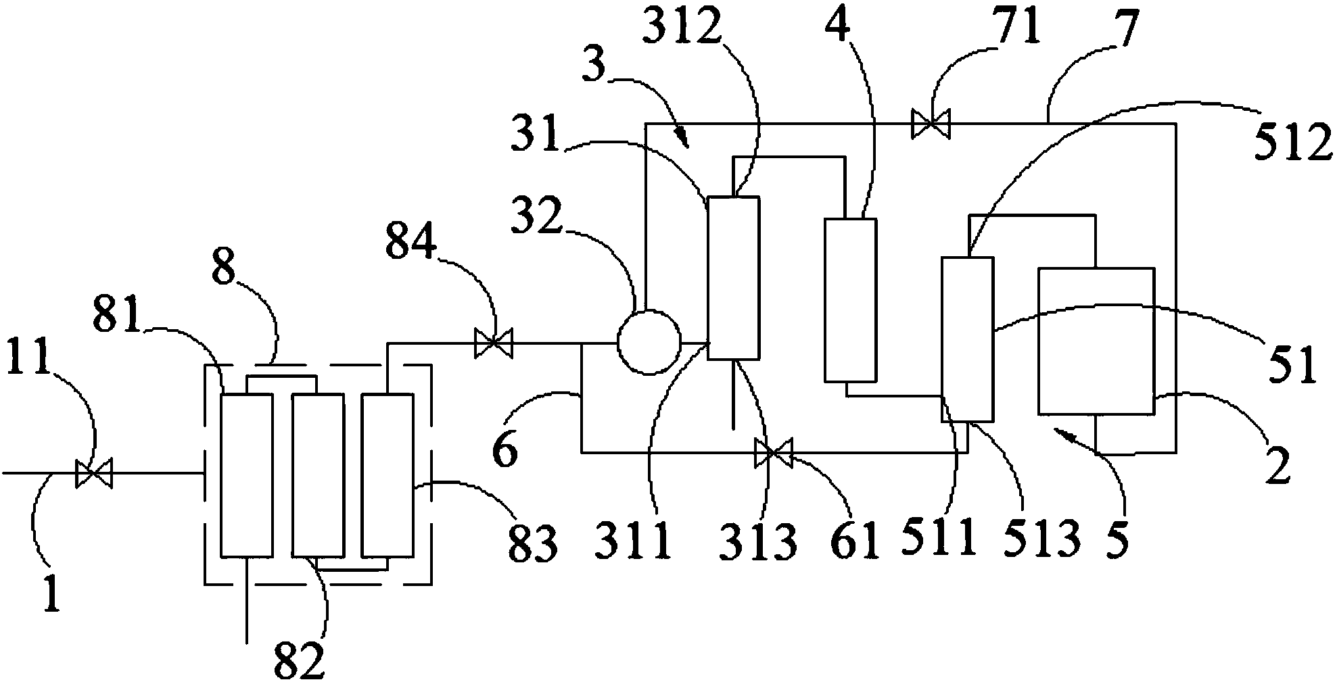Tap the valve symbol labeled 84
click(493, 343)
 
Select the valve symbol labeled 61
click(774, 453)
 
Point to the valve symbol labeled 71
click(931, 124)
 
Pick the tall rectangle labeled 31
click(733, 278)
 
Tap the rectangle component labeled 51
click(968, 339)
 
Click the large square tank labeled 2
click(1096, 341)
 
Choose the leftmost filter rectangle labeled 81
click(248, 475)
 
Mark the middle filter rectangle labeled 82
click(317, 475)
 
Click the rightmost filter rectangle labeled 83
click(387, 475)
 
